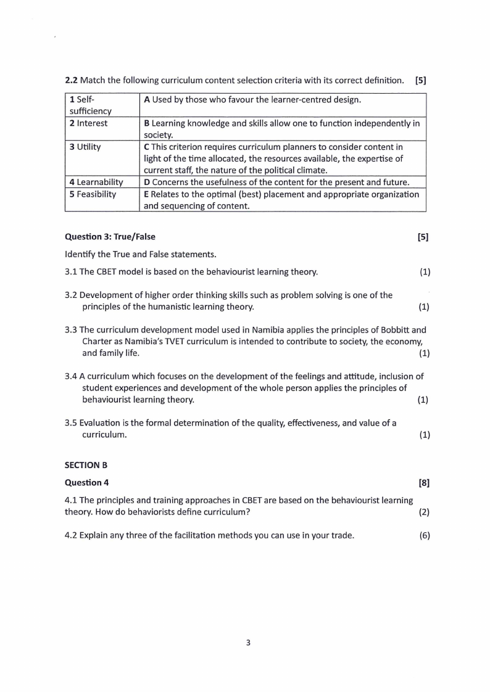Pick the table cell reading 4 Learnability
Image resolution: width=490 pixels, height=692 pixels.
click(x=96, y=182)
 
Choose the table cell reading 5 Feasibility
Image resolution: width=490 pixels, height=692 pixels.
click(x=93, y=194)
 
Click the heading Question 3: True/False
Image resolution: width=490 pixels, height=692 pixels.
click(x=110, y=237)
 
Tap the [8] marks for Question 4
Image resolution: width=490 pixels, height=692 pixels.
click(x=424, y=483)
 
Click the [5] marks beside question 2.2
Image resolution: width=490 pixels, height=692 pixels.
click(x=421, y=80)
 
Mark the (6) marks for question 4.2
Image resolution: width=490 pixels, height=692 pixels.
click(x=424, y=535)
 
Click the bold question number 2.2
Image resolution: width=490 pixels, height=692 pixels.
click(x=72, y=80)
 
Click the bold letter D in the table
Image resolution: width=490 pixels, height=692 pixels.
click(x=147, y=182)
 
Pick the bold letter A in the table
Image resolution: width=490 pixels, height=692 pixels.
click(x=147, y=99)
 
